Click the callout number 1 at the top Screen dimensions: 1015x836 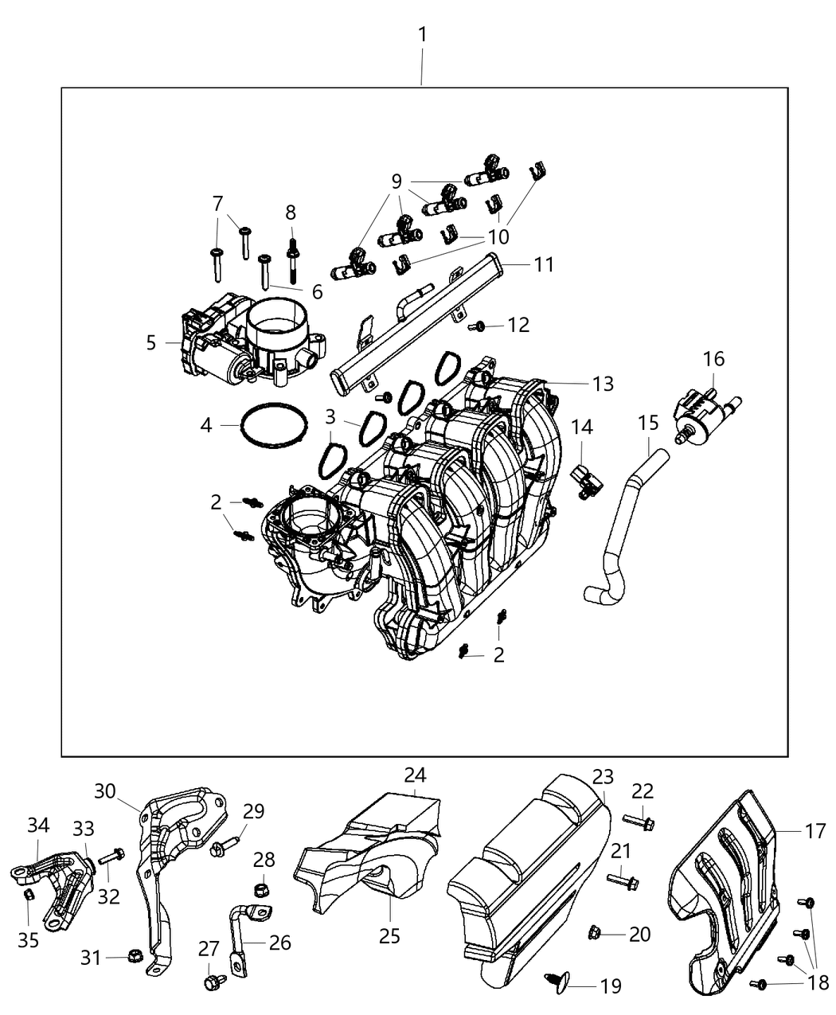423,35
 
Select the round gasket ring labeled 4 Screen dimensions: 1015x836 274,426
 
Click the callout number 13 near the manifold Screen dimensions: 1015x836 603,384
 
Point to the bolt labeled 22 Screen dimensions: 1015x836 638,819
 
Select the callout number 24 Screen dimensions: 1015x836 415,775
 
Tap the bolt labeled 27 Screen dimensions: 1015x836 213,984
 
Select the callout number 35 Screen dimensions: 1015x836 28,940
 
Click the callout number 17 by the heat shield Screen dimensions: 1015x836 815,832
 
